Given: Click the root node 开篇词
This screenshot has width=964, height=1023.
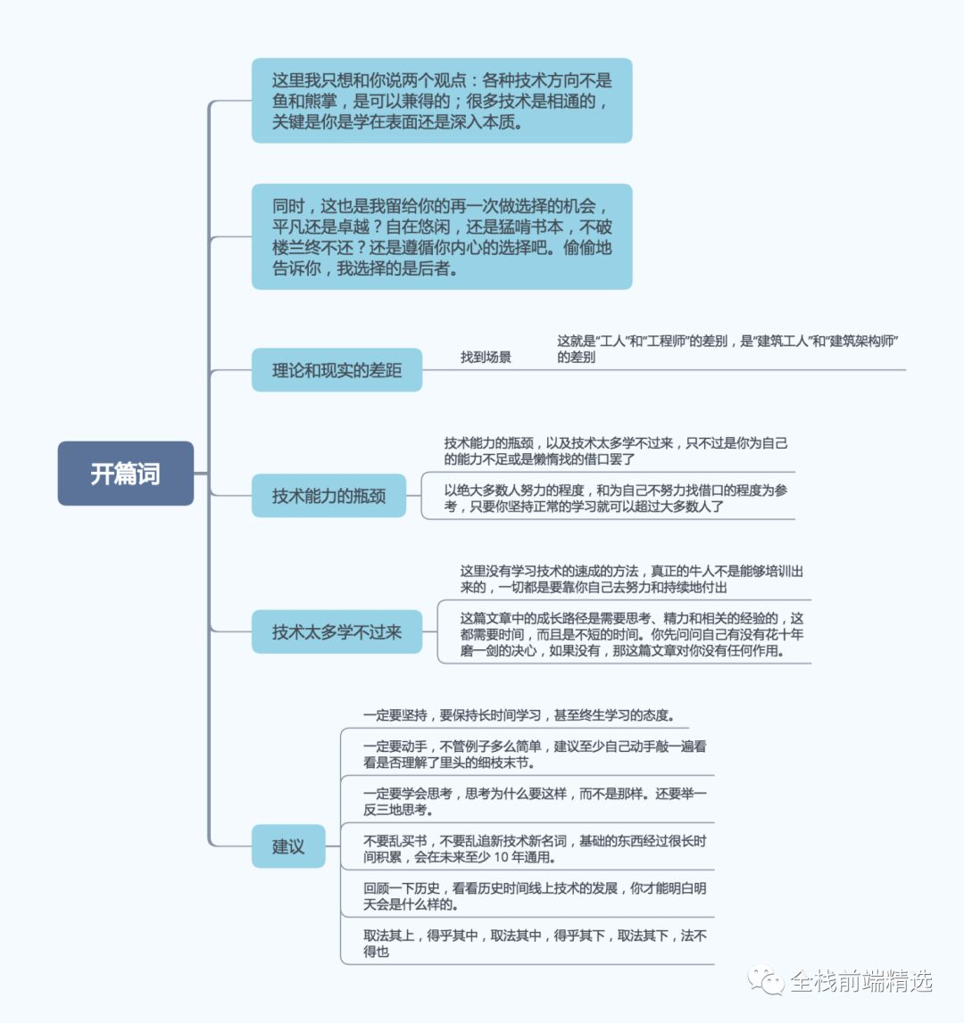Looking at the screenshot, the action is [x=126, y=474].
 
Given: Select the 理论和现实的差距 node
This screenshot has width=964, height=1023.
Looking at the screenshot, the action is [x=337, y=370].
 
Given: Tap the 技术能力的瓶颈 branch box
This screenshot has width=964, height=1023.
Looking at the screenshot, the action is [x=328, y=496].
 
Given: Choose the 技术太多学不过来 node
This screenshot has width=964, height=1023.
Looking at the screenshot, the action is [x=337, y=632].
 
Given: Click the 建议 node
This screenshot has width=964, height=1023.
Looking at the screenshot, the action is [x=288, y=846].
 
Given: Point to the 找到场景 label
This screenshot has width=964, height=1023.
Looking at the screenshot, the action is [x=486, y=357].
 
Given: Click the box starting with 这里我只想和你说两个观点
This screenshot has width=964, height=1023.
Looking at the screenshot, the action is [x=442, y=101].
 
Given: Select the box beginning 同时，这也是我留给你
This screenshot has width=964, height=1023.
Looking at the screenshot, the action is [x=442, y=236].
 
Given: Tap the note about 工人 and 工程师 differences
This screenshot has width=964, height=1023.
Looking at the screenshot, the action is [x=727, y=349].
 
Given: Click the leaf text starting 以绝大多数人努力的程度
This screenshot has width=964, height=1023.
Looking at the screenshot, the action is [x=616, y=498].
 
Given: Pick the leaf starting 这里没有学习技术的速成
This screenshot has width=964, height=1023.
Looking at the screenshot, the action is [x=632, y=579].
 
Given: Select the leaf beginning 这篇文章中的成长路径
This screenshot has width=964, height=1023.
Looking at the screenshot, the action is [x=632, y=634].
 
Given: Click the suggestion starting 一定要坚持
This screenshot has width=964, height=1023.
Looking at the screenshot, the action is [x=519, y=715].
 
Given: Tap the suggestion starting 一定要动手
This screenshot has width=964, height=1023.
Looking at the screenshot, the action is [x=535, y=755].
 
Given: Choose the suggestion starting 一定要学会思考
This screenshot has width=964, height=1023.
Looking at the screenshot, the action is [x=535, y=802].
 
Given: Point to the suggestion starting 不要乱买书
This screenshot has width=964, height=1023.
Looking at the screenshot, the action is [x=535, y=849].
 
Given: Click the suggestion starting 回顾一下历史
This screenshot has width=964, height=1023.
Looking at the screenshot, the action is [x=535, y=896].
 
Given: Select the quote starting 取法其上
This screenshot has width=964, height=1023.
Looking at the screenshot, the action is [x=535, y=944].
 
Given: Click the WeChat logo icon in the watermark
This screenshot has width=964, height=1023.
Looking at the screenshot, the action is [x=766, y=980].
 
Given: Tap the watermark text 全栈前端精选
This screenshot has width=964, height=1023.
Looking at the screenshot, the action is [x=861, y=981].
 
